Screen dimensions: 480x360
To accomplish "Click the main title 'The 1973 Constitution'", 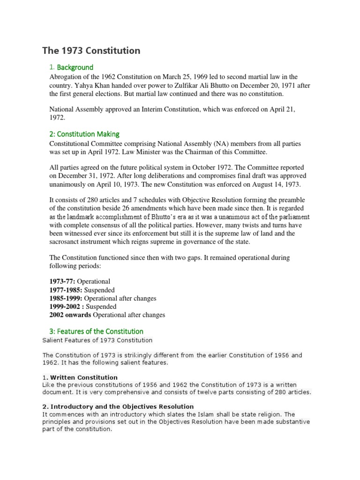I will [x=91, y=50].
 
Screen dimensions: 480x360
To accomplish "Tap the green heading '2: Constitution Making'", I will [x=84, y=134].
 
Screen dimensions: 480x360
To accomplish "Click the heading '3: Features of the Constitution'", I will [x=96, y=331].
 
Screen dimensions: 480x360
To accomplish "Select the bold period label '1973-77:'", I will [x=62, y=281].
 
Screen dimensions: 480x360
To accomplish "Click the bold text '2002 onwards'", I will [x=70, y=315].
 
